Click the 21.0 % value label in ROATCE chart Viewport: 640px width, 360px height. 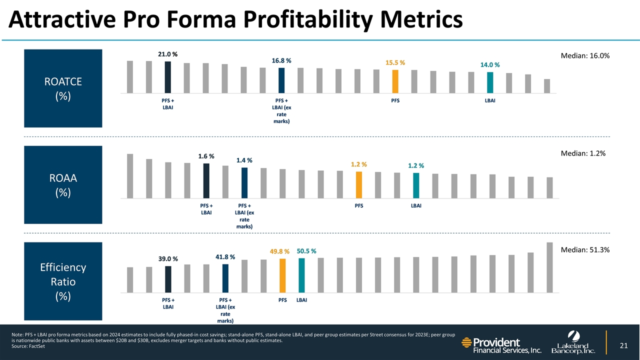pyautogui.click(x=168, y=54)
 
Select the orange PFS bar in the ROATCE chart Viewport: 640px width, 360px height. pyautogui.click(x=395, y=81)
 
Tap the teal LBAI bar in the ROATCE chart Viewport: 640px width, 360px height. pyautogui.click(x=490, y=82)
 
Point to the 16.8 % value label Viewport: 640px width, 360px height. pyautogui.click(x=281, y=60)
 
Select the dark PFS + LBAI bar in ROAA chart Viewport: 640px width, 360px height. pyautogui.click(x=206, y=181)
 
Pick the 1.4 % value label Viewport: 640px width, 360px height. pyautogui.click(x=244, y=160)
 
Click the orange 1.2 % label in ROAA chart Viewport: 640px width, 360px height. pyautogui.click(x=358, y=164)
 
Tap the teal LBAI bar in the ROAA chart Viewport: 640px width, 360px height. pyautogui.click(x=416, y=185)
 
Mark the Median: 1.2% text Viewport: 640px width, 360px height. pyautogui.click(x=583, y=154)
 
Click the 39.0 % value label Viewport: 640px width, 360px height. pyautogui.click(x=168, y=259)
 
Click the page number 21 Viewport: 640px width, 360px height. pyautogui.click(x=623, y=345)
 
